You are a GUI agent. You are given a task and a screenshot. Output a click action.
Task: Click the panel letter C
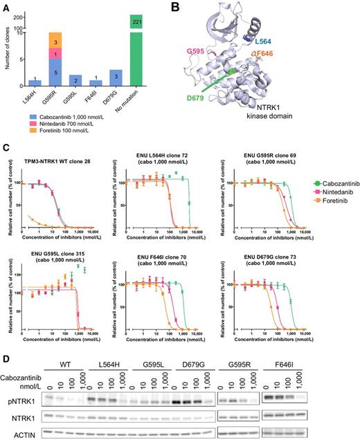tap(6, 147)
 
